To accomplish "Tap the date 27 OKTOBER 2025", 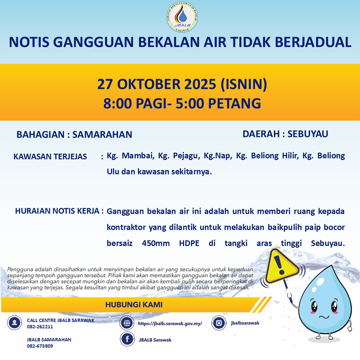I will tap(157, 84).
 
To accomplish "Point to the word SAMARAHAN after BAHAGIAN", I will tap(102, 135).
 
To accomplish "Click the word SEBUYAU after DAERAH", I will tap(308, 134).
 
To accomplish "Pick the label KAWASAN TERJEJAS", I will tap(50, 157).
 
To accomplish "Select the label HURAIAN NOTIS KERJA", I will tap(57, 211).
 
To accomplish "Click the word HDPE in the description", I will tap(189, 243).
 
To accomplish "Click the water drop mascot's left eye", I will tap(314, 306).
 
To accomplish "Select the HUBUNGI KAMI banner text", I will tap(134, 305).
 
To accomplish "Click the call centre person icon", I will tap(14, 323).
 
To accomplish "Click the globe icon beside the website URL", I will tap(127, 323).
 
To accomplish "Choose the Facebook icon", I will tap(127, 339).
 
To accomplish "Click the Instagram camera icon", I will tap(219, 323).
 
